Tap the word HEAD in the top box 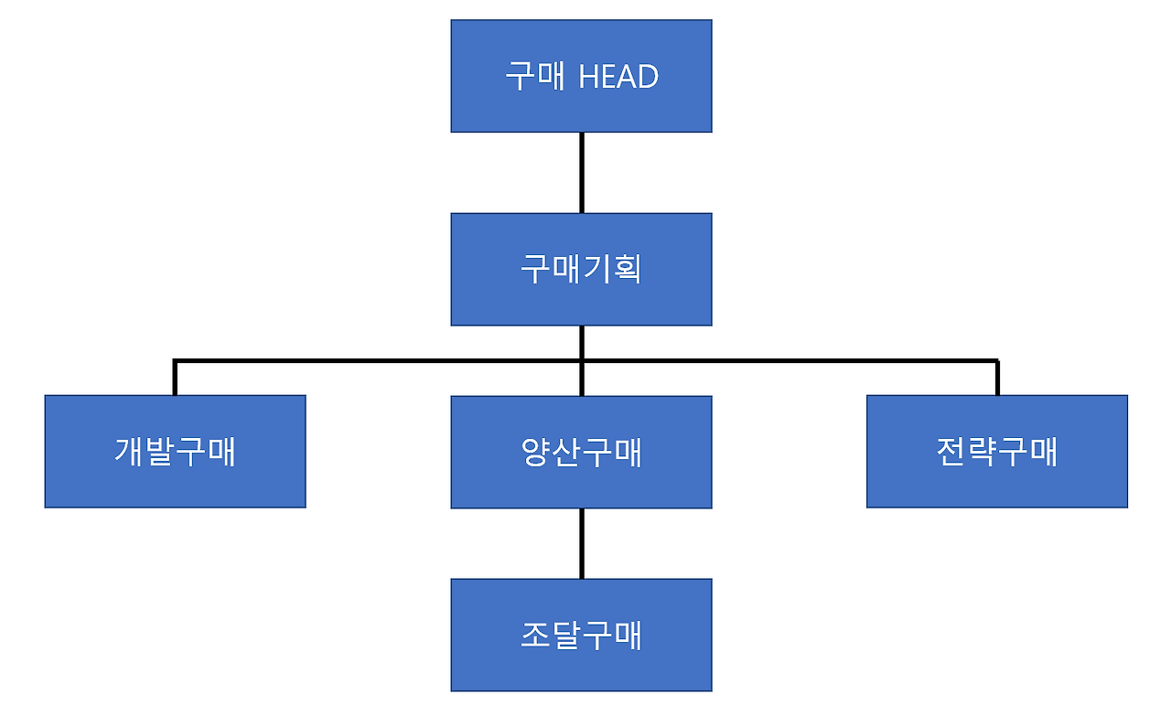click(x=618, y=77)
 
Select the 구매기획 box click(x=581, y=269)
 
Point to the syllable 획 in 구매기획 click(x=627, y=269)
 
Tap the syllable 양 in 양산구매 click(x=535, y=452)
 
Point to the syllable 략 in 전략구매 click(x=982, y=452)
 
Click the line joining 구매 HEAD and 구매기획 click(x=582, y=173)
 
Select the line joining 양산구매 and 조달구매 click(x=582, y=543)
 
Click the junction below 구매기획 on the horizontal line click(x=582, y=361)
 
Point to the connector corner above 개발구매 click(x=175, y=362)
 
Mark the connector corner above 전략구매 click(x=996, y=362)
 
